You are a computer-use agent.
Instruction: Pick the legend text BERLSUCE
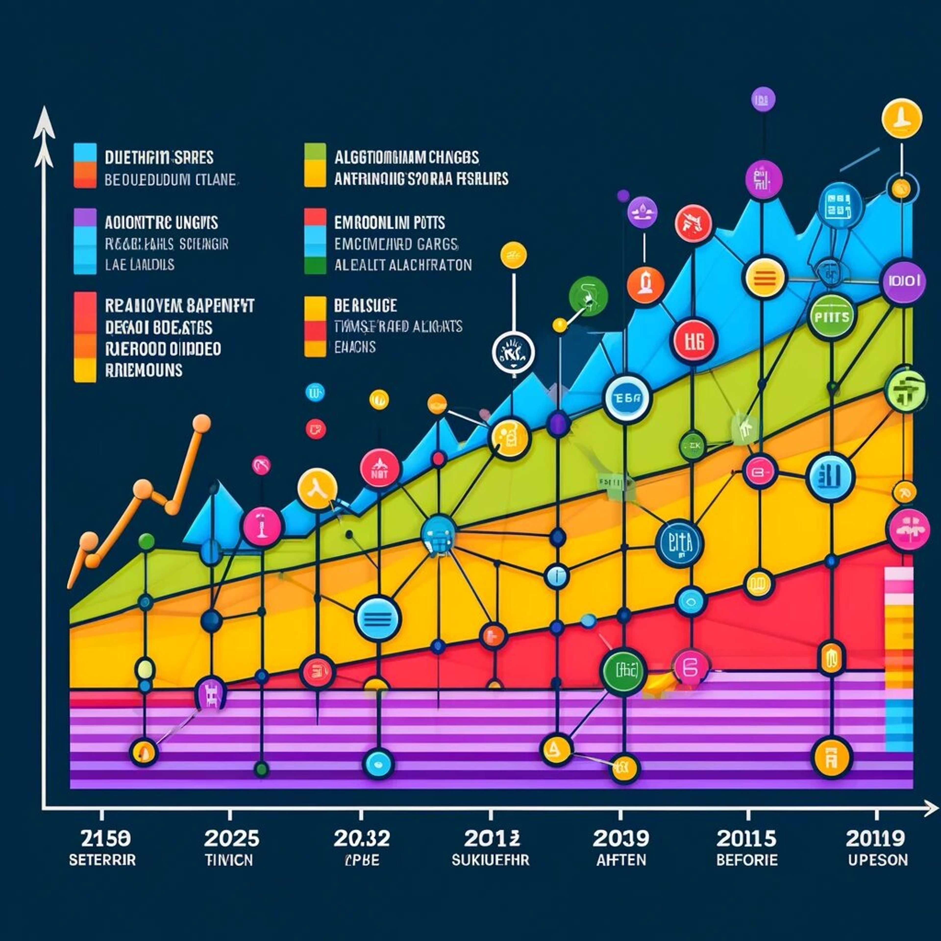365,306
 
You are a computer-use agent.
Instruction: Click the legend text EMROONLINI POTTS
389,223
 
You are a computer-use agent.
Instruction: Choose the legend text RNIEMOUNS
144,370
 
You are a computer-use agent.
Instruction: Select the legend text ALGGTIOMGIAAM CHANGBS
406,157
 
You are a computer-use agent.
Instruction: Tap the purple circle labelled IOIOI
904,281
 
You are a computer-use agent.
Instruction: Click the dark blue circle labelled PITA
680,543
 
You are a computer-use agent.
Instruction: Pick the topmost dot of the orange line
201,423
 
